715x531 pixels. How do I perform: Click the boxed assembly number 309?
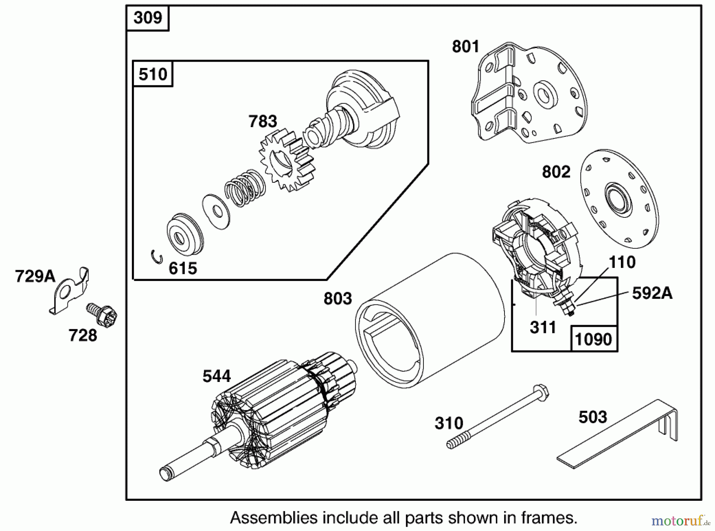[148, 18]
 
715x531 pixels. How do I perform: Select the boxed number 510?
[153, 74]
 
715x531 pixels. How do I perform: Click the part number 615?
[183, 269]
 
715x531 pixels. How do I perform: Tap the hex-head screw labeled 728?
[102, 315]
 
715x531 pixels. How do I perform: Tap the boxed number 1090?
[593, 339]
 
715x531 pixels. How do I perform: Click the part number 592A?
[652, 293]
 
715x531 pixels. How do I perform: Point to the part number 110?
[622, 262]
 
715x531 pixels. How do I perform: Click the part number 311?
[543, 328]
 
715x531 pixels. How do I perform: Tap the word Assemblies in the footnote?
[274, 518]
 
